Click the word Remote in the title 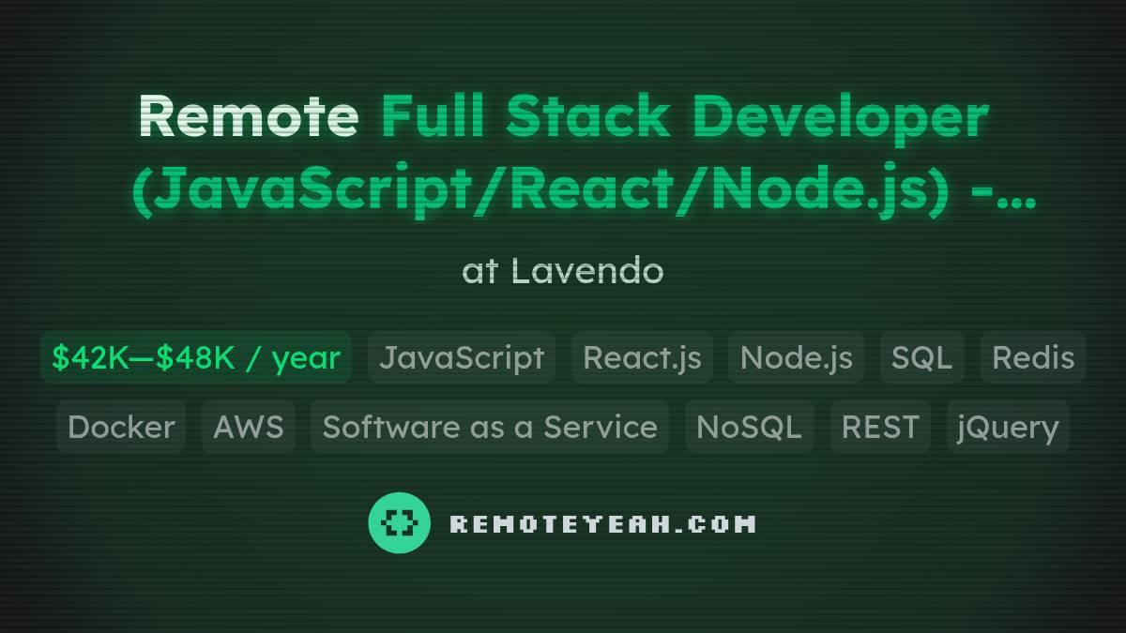click(x=248, y=117)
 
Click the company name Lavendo click(x=587, y=271)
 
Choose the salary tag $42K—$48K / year click(x=196, y=357)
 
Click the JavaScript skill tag click(x=462, y=357)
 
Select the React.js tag click(x=642, y=357)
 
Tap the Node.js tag click(x=796, y=357)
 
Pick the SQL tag click(x=921, y=357)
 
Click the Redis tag click(x=1033, y=357)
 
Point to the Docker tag click(x=121, y=427)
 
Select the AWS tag click(x=249, y=427)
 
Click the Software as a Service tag click(x=490, y=427)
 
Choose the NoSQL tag click(x=749, y=427)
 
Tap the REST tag click(x=880, y=427)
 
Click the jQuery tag click(x=1008, y=427)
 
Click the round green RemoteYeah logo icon click(x=400, y=523)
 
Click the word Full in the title click(x=435, y=117)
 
